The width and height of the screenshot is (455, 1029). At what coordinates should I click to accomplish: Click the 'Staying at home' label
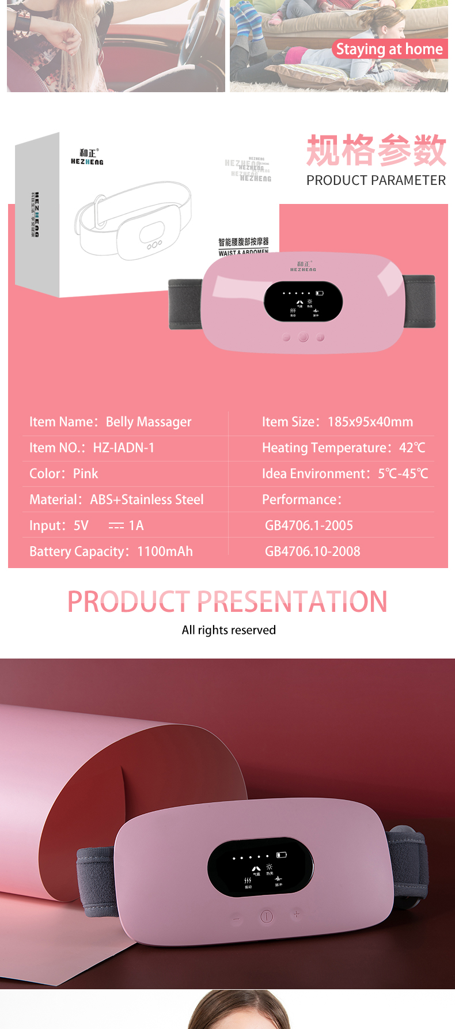(x=389, y=50)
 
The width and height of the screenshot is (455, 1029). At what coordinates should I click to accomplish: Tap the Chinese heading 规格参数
(x=376, y=150)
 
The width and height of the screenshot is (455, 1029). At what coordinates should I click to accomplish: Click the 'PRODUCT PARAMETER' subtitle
(x=376, y=180)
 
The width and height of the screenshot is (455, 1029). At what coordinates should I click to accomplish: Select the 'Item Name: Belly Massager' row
(x=111, y=422)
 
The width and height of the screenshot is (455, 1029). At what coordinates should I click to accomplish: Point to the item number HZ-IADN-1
(x=124, y=448)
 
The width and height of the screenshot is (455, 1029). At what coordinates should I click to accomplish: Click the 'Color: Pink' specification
(x=64, y=474)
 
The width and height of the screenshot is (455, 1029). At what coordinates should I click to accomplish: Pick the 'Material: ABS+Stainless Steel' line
(x=117, y=500)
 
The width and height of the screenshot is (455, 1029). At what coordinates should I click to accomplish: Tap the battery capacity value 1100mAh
(x=165, y=551)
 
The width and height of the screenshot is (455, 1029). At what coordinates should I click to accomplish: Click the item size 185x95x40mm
(x=370, y=422)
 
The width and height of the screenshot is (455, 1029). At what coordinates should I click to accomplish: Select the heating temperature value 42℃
(x=412, y=448)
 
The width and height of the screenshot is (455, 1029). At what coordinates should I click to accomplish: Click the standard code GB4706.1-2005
(x=309, y=525)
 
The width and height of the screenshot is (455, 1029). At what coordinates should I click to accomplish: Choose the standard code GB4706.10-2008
(x=312, y=551)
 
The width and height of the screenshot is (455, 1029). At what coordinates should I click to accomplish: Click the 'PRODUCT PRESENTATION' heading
(x=227, y=601)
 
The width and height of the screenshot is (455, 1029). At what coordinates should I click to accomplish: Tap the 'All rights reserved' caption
(x=229, y=630)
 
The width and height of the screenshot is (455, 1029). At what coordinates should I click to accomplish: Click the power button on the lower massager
(x=266, y=916)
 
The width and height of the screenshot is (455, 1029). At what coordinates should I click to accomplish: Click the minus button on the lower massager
(x=236, y=919)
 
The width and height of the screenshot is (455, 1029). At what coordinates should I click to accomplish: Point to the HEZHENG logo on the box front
(x=88, y=157)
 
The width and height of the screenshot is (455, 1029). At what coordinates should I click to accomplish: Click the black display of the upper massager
(x=303, y=302)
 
